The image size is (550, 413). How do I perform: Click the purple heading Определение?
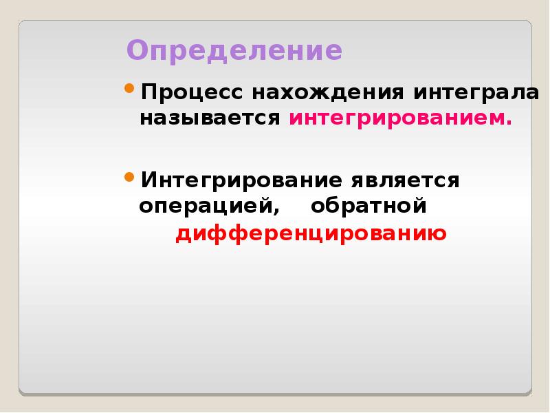coord(234,52)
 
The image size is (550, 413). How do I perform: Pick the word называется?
coord(210,118)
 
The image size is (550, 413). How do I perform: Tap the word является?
coord(405,181)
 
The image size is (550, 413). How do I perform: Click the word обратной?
coord(369,207)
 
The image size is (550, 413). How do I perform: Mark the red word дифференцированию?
coord(311,235)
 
